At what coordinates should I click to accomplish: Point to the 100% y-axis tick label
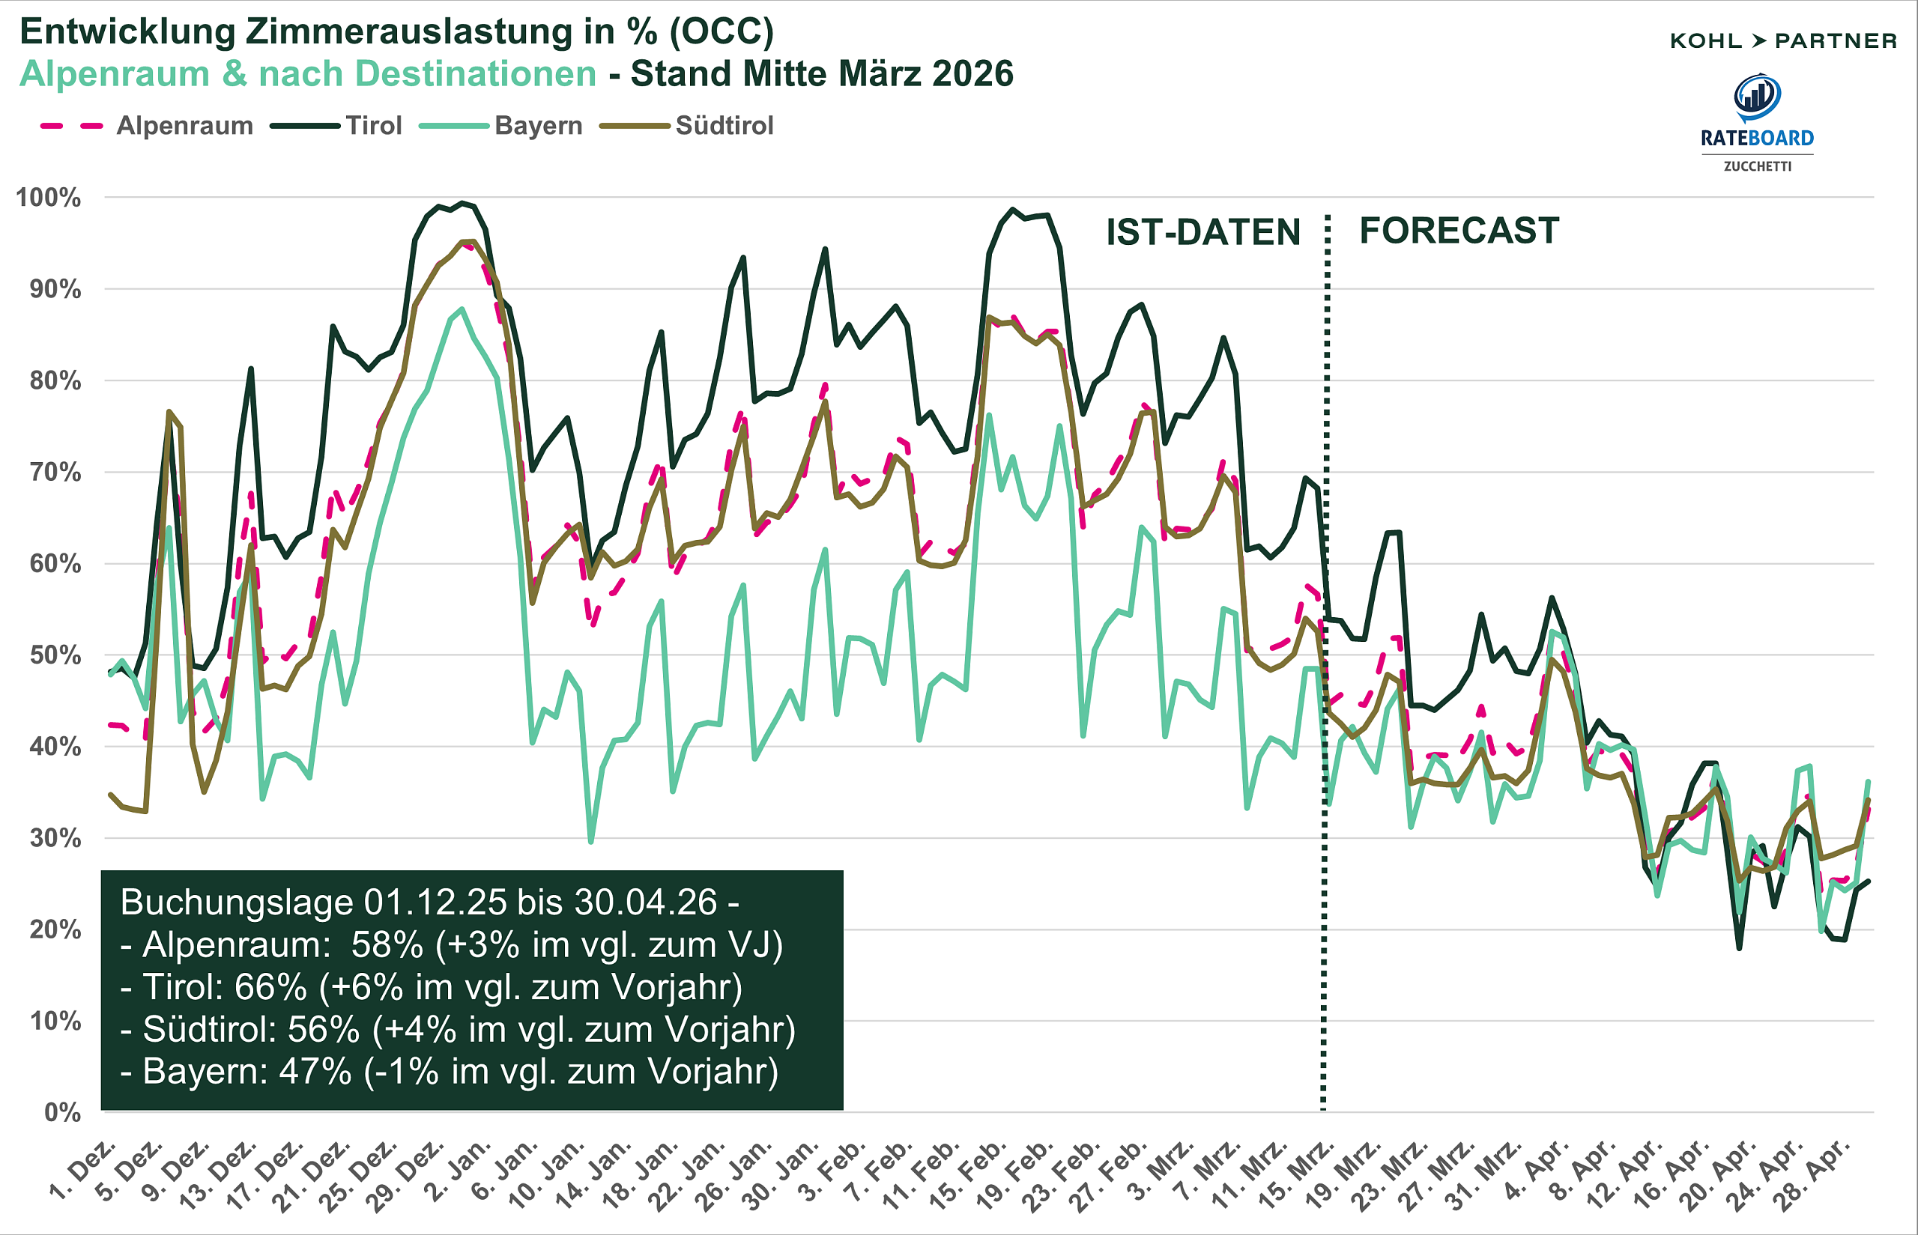click(49, 198)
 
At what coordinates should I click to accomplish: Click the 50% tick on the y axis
click(55, 655)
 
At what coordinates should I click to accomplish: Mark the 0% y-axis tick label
click(63, 1112)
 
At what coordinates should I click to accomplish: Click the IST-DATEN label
click(1202, 233)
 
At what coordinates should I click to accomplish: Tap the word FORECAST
click(1458, 231)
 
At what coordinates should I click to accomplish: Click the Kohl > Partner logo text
click(1782, 41)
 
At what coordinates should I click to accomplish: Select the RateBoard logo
click(1757, 121)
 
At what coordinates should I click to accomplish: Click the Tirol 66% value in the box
click(270, 987)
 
